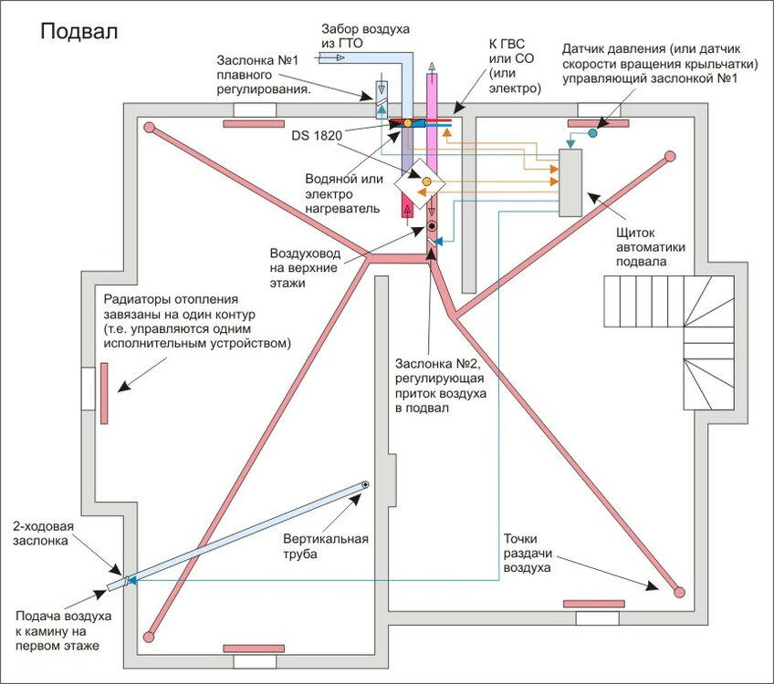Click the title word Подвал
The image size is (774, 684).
pyautogui.click(x=78, y=33)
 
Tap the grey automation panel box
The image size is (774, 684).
pyautogui.click(x=571, y=182)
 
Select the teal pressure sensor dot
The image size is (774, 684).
pyautogui.click(x=591, y=133)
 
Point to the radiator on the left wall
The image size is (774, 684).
pyautogui.click(x=106, y=392)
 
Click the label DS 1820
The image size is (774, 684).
pyautogui.click(x=317, y=136)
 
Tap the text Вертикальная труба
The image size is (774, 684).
pyautogui.click(x=326, y=545)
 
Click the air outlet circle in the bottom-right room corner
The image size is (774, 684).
pyautogui.click(x=679, y=591)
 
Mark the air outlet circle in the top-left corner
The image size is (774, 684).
pyautogui.click(x=149, y=128)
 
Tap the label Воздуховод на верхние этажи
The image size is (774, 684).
pyautogui.click(x=304, y=268)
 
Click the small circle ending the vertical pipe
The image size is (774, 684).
pyautogui.click(x=365, y=484)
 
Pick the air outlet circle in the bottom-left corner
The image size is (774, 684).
pyautogui.click(x=149, y=635)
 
